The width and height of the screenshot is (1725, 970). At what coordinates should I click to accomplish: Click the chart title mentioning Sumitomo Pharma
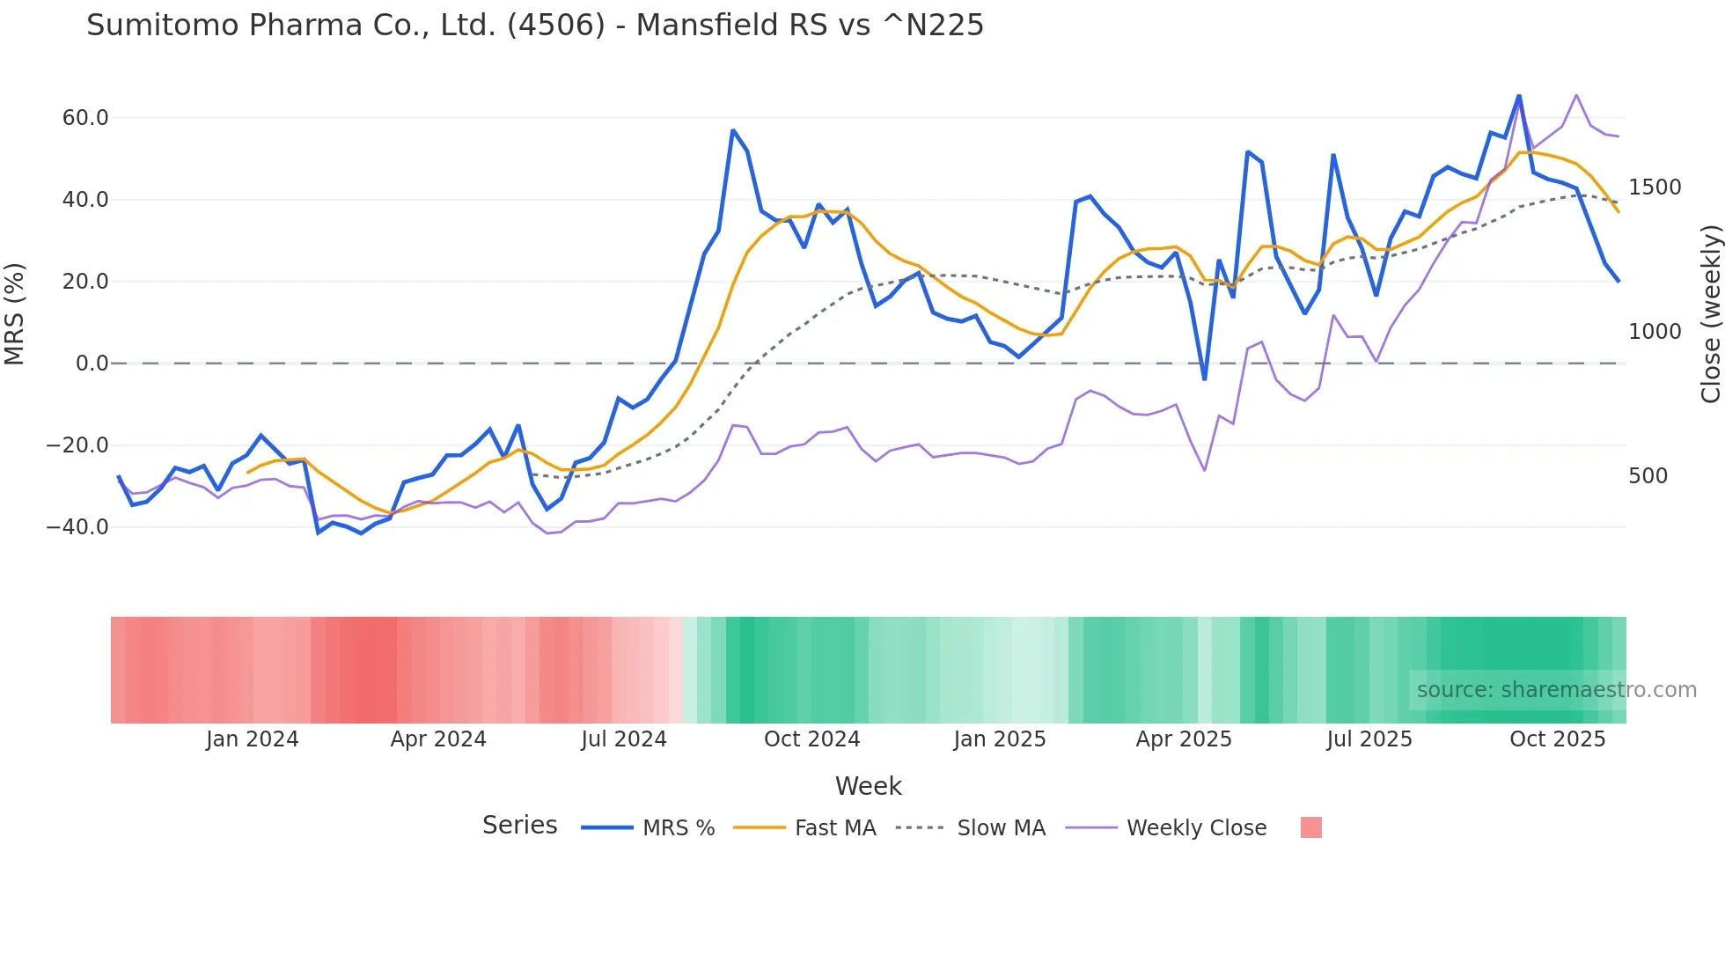pyautogui.click(x=534, y=25)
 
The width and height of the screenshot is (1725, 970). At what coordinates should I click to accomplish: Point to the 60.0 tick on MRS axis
pyautogui.click(x=85, y=118)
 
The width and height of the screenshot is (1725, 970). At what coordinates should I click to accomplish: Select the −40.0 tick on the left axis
pyautogui.click(x=77, y=527)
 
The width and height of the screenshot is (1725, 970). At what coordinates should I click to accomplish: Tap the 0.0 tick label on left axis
pyautogui.click(x=92, y=364)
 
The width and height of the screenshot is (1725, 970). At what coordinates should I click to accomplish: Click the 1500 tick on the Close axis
pyautogui.click(x=1655, y=187)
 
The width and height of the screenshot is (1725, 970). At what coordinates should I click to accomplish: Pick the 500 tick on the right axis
pyautogui.click(x=1648, y=476)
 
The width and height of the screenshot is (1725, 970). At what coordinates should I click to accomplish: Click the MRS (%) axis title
pyautogui.click(x=15, y=314)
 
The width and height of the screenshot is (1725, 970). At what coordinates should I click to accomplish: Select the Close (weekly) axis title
pyautogui.click(x=1710, y=314)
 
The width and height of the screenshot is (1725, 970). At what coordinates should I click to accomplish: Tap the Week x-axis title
pyautogui.click(x=868, y=786)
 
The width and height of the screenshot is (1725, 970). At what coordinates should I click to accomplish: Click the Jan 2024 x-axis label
pyautogui.click(x=253, y=739)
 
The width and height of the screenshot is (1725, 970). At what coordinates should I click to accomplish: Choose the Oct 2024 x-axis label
pyautogui.click(x=811, y=739)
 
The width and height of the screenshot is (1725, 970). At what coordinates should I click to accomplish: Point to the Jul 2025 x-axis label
pyautogui.click(x=1369, y=739)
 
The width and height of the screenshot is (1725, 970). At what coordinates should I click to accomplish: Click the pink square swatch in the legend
pyautogui.click(x=1310, y=827)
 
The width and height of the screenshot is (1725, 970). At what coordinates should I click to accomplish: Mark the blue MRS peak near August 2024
pyautogui.click(x=733, y=130)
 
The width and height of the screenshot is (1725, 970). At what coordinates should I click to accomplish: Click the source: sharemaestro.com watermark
pyautogui.click(x=1556, y=690)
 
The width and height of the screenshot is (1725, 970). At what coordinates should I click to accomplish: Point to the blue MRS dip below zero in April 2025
pyautogui.click(x=1205, y=379)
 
